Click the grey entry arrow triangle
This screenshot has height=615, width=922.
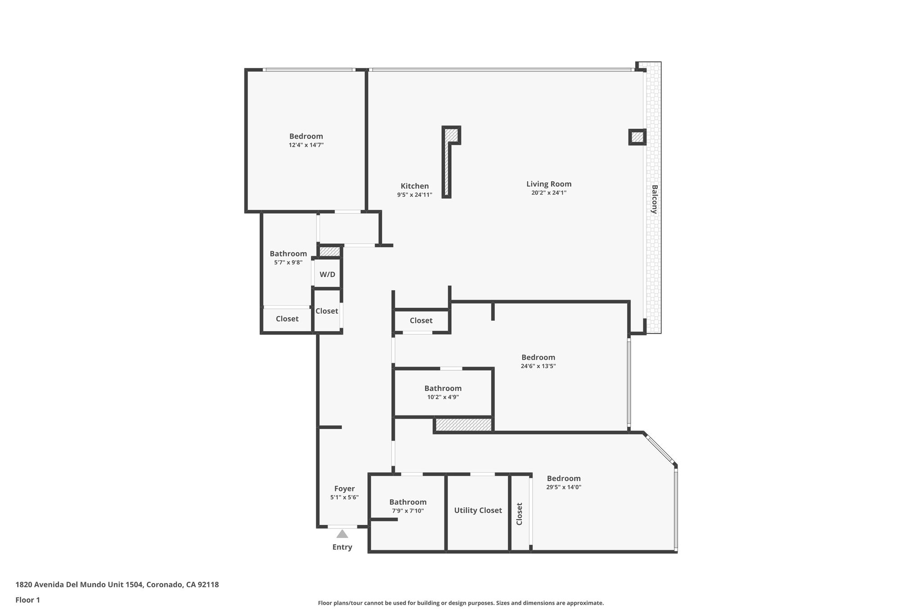(342, 534)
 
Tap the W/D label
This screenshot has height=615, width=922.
(327, 274)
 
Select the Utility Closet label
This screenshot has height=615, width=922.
(478, 510)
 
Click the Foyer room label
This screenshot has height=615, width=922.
(344, 488)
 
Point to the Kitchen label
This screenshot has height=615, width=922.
(415, 186)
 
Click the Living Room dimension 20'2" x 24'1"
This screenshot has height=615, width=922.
(549, 193)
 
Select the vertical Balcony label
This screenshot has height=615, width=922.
(654, 199)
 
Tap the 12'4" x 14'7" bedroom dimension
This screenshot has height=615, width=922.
(306, 145)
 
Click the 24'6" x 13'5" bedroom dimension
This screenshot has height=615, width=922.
(538, 366)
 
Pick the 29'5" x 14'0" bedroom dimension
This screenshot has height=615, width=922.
(564, 487)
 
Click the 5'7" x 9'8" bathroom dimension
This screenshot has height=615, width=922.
(288, 263)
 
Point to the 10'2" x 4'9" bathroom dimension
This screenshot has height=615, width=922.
(443, 397)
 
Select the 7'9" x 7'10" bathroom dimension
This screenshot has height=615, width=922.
(408, 511)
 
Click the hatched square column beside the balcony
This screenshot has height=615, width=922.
(637, 137)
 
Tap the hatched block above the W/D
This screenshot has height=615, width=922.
(330, 251)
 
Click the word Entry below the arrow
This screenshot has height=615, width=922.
(342, 547)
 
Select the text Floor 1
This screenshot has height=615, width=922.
(28, 600)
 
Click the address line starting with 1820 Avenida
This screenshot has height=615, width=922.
(117, 585)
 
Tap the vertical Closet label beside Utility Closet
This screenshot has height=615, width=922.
(519, 514)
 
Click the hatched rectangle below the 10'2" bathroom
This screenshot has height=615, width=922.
(464, 424)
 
